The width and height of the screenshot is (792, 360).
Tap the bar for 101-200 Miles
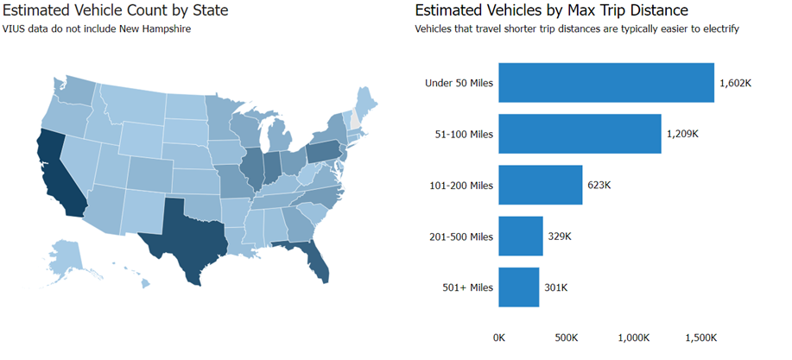(541, 185)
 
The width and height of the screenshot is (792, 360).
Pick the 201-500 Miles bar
(521, 236)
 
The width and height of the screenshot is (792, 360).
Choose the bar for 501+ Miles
(519, 287)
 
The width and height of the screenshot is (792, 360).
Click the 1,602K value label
(736, 84)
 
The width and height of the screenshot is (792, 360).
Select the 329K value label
(560, 237)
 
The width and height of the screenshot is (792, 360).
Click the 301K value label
(556, 287)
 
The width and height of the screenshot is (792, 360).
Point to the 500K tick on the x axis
(566, 338)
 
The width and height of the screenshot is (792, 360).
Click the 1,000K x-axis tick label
(633, 338)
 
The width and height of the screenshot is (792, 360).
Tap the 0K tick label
(499, 338)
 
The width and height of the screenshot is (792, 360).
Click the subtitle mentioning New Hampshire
(97, 29)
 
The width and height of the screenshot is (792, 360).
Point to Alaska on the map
(65, 256)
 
